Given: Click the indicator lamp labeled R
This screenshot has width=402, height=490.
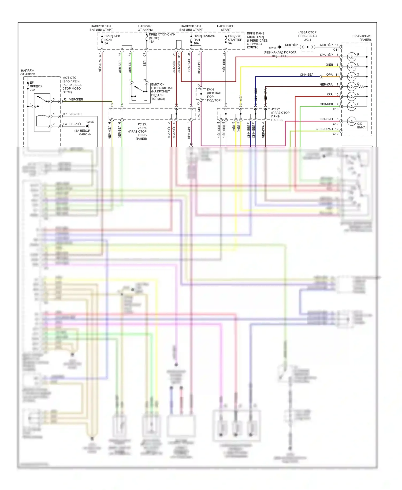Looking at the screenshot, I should coord(351,57).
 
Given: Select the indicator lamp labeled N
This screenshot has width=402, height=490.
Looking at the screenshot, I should coord(351,96).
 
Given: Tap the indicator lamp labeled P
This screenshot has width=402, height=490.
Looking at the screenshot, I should coord(351,106).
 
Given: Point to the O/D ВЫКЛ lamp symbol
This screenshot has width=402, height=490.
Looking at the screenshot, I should coord(351,121).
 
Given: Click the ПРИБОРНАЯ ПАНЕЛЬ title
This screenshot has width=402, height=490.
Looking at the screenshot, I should coord(362,38).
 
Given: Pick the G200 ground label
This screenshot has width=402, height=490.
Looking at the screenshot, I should coord(272,48).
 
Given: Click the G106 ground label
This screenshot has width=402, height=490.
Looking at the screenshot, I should coord(90,122).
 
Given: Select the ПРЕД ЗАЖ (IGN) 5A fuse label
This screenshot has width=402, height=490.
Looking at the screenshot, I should coord(112,40).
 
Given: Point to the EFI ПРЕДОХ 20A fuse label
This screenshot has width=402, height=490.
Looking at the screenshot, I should coord(36,86).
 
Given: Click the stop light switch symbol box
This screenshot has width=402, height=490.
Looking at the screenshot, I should coord(139,93).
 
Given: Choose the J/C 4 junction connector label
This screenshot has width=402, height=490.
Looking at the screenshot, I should coord(308,40).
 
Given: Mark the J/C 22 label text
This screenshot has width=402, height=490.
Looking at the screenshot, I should coord(276,109).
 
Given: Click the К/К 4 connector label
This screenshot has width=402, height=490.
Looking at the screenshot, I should coord(210,90).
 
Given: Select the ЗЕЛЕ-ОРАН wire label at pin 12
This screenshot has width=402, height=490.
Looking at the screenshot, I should coord(324,129).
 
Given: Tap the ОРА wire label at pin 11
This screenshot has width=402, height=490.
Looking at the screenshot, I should coord(329,75).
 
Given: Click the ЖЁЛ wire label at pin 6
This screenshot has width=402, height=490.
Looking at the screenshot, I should coord(329,65).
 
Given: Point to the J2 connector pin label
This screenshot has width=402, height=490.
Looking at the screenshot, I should coord(65,99).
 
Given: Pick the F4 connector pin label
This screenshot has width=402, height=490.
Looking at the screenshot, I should coord(65,124).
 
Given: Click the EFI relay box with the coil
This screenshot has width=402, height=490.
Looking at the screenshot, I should coord(42,113).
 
